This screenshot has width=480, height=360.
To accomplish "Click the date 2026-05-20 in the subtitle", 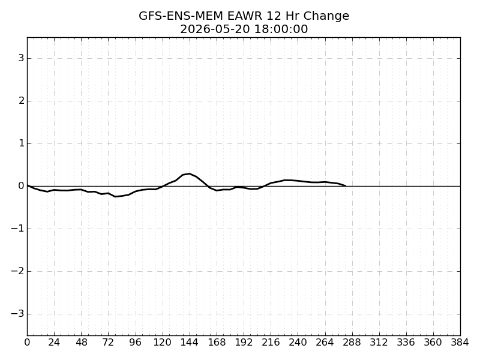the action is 215,29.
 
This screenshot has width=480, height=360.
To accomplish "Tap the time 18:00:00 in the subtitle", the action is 281,29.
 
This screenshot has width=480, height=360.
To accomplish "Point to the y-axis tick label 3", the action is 21,58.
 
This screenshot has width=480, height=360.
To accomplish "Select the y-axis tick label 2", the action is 21,100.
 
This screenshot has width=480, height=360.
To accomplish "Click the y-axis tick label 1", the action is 21,143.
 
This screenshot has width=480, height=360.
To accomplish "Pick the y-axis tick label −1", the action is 17,229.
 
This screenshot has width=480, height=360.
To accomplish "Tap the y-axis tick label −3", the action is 17,313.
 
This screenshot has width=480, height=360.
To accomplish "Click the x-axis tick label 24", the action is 54,342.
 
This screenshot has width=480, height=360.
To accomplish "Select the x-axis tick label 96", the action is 136,342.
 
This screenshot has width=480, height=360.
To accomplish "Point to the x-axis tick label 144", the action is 190,342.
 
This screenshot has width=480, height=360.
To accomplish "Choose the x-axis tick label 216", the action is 271,342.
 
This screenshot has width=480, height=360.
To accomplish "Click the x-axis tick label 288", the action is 352,342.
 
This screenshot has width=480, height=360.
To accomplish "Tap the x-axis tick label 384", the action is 460,342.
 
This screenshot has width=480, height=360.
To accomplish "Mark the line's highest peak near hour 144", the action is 190,174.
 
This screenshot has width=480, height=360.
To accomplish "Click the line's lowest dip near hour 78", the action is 115,196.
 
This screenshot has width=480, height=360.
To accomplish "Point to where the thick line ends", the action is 346,185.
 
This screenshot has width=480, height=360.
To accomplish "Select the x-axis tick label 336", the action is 406,342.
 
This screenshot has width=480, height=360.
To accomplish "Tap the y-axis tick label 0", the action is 21,185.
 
